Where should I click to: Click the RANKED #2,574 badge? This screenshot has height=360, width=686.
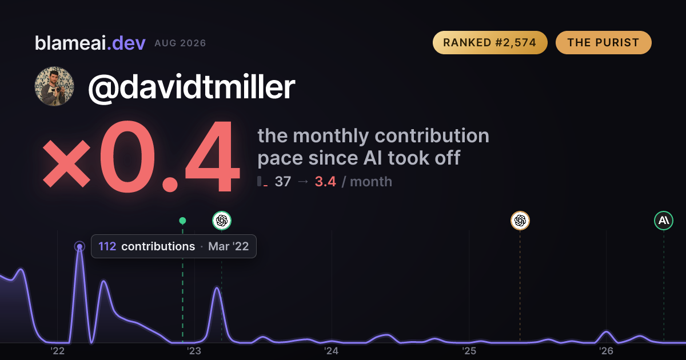click(x=490, y=42)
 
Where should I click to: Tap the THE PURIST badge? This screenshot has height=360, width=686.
click(x=603, y=42)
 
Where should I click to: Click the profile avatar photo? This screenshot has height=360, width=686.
click(x=54, y=86)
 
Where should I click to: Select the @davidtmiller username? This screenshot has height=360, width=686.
click(x=192, y=87)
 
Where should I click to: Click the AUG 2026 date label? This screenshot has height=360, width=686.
click(x=181, y=43)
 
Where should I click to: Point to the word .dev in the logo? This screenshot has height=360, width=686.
click(x=126, y=43)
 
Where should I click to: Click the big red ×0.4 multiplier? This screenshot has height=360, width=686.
click(x=141, y=157)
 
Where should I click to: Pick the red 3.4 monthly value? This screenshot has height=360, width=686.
click(x=325, y=182)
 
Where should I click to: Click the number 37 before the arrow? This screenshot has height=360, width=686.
click(x=282, y=182)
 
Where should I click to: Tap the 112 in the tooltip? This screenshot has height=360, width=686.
click(x=107, y=246)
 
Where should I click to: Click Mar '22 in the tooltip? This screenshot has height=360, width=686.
click(x=229, y=246)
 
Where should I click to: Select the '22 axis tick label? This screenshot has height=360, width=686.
click(x=57, y=351)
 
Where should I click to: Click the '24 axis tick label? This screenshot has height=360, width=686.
click(x=332, y=351)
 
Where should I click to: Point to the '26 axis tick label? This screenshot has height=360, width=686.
click(x=606, y=351)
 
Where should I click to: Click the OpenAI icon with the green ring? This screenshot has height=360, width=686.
click(x=222, y=221)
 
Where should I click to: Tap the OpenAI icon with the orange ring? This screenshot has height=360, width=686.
click(x=520, y=221)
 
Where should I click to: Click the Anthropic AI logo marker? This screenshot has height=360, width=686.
click(x=664, y=221)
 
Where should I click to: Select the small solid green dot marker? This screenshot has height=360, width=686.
click(x=182, y=221)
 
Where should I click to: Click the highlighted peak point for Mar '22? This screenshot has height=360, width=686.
click(x=79, y=246)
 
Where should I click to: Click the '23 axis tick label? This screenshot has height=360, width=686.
click(x=194, y=351)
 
